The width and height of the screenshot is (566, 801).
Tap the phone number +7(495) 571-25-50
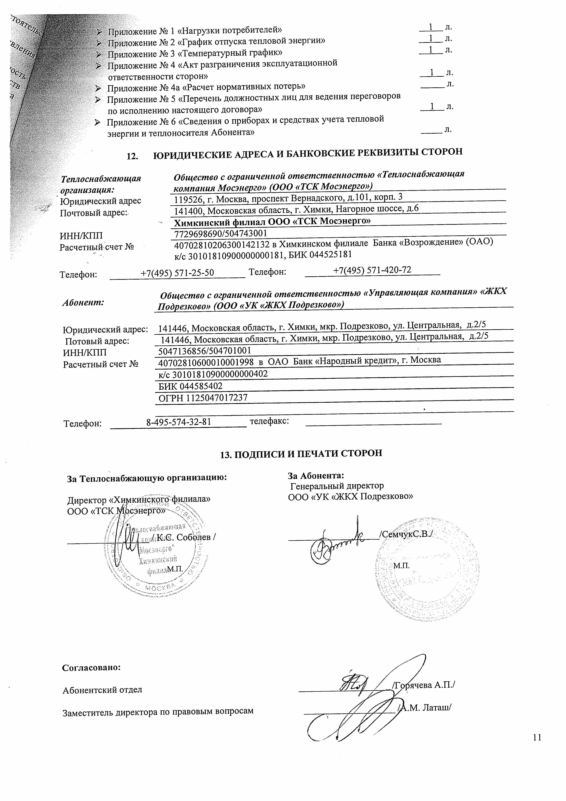pos(177,273)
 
